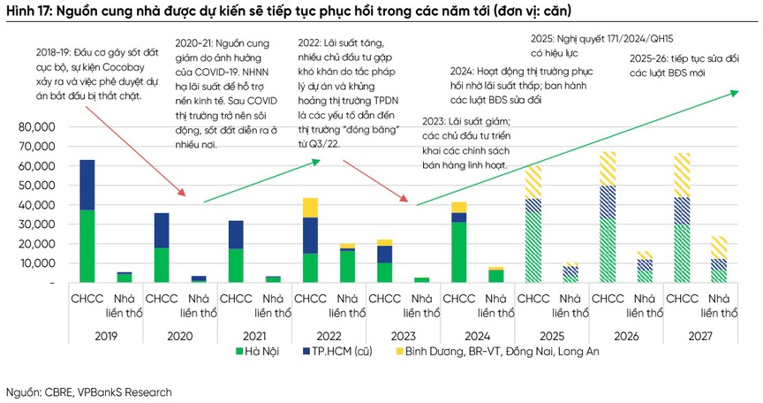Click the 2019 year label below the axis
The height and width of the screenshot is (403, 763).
[x=106, y=335]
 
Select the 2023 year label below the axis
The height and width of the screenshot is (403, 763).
[x=403, y=335]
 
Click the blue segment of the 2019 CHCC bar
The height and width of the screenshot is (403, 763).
[x=87, y=185]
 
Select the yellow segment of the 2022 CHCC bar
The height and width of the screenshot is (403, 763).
[x=310, y=208]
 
